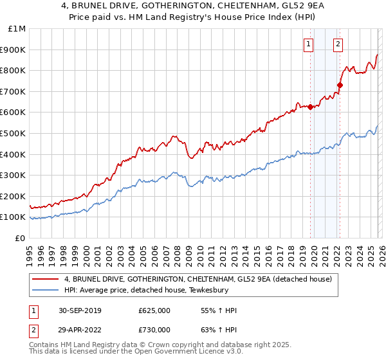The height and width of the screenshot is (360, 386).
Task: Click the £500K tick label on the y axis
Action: pos(13,133)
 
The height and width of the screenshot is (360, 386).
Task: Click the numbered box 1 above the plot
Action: pos(309,44)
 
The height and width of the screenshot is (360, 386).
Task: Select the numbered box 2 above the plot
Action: pos(338,44)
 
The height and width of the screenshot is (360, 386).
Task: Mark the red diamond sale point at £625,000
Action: pos(310,107)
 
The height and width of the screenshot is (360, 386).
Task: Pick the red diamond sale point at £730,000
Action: pos(340,85)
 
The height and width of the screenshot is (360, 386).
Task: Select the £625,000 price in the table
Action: pos(154,310)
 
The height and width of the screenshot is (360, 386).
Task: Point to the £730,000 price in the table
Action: pos(154,329)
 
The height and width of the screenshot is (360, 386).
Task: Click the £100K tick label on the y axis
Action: pos(13,217)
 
